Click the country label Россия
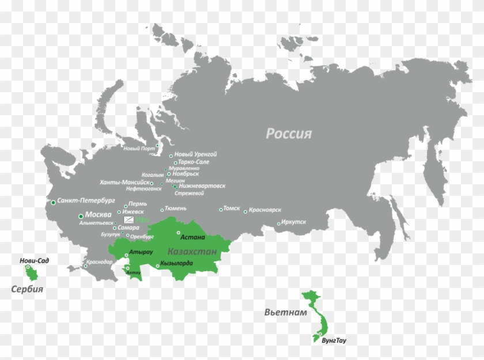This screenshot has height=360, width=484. (288, 134)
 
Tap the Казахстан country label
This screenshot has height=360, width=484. (192, 252)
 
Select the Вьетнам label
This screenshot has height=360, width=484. (282, 313)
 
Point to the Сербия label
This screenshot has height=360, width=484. (27, 289)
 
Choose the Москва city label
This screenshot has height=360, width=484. (99, 215)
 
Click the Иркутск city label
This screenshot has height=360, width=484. (294, 222)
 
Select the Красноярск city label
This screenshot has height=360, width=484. (264, 211)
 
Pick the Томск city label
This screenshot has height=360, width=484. (231, 209)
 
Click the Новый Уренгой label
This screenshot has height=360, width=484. (195, 154)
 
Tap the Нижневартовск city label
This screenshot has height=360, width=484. (202, 186)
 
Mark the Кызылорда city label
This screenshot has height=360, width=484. (176, 263)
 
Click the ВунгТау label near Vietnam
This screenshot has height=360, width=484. (334, 340)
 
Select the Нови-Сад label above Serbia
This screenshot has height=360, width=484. (35, 261)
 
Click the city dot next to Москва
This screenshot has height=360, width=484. (80, 216)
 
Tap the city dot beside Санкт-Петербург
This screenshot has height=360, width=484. (54, 202)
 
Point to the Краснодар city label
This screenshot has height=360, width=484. (100, 262)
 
